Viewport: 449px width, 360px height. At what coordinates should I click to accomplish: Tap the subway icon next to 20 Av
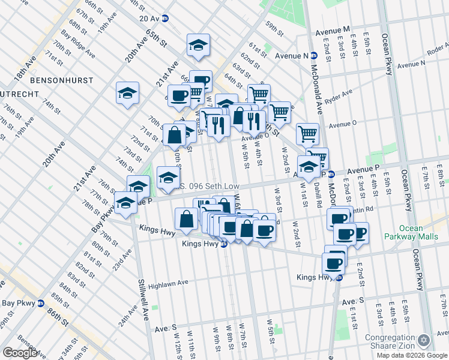(165, 19)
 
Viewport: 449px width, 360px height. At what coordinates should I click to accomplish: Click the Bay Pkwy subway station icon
(41, 303)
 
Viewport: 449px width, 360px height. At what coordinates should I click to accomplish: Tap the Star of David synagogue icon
(425, 341)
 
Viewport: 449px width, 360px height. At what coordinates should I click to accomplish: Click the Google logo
(20, 353)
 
